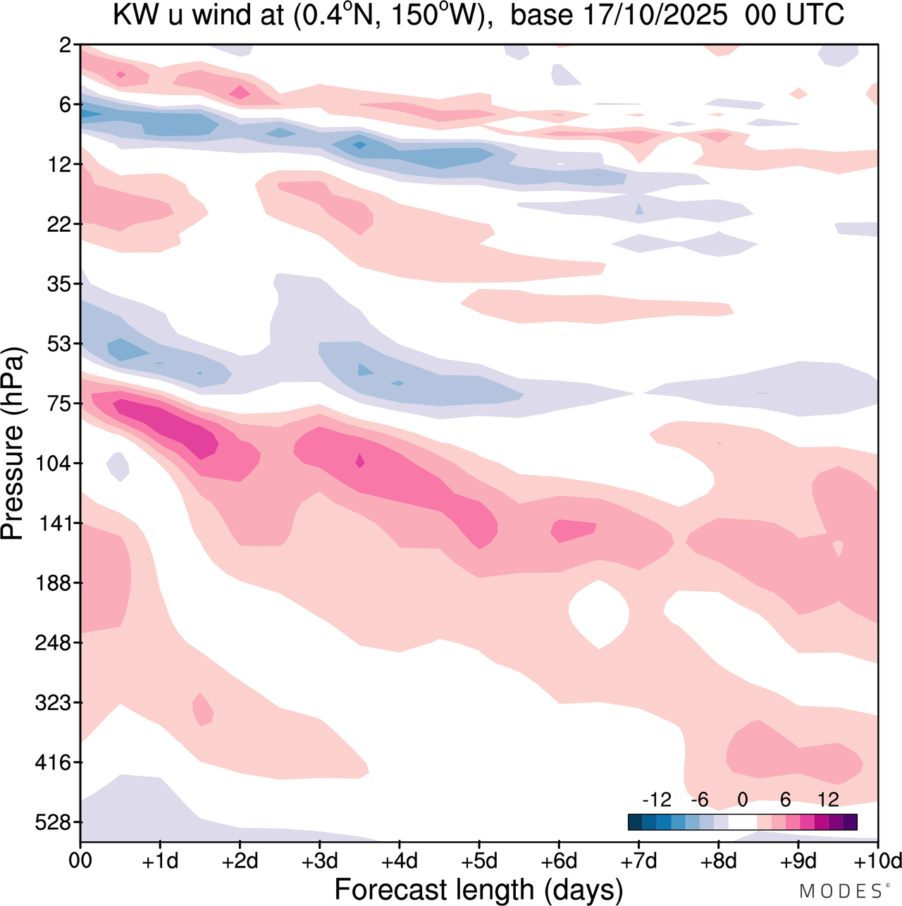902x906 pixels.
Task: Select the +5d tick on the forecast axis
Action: [479, 861]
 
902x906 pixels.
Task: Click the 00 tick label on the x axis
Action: [80, 861]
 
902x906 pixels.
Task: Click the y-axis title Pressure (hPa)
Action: [13, 444]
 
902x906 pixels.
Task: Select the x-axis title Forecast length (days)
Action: [478, 889]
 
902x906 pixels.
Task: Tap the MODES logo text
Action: [840, 891]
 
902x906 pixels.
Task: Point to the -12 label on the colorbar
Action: [657, 800]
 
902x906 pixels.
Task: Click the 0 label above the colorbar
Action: [743, 800]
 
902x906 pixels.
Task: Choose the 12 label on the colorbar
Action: [829, 800]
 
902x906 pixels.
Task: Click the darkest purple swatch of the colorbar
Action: [850, 822]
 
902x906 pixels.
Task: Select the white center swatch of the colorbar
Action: [743, 822]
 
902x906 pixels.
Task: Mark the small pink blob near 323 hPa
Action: [203, 709]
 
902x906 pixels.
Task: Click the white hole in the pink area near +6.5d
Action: [598, 613]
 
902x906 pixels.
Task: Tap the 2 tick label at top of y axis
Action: [66, 45]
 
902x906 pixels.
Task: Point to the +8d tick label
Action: [719, 861]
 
